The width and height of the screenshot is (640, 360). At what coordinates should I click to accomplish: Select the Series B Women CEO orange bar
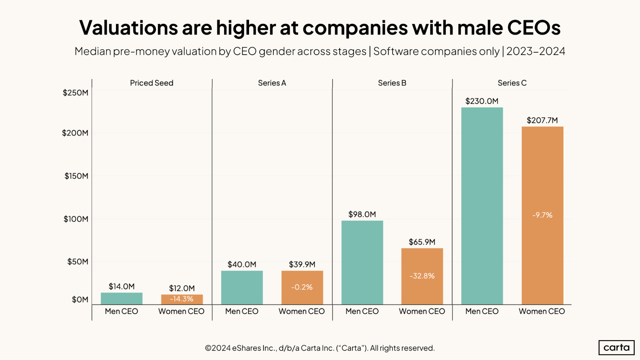click(x=422, y=262)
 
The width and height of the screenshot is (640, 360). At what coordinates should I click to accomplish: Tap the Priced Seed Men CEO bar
click(x=121, y=298)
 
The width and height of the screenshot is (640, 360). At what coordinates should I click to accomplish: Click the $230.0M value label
click(x=482, y=101)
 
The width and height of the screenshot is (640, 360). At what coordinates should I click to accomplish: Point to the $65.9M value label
click(x=422, y=242)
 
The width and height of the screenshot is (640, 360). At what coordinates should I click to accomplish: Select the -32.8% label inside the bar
click(x=422, y=276)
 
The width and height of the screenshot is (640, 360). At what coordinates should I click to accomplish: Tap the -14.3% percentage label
click(x=182, y=299)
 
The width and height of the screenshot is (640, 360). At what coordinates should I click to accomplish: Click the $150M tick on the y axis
click(x=76, y=176)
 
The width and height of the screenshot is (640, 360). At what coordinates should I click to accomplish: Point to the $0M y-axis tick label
click(x=80, y=300)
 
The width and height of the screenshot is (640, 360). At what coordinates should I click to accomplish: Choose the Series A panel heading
click(x=272, y=83)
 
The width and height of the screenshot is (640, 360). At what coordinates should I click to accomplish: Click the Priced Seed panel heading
click(x=151, y=83)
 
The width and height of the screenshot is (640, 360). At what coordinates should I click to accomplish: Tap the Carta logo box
click(x=616, y=348)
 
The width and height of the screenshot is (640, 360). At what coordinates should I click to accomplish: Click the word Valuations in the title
click(x=128, y=28)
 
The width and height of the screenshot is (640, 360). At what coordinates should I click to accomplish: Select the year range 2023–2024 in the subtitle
click(x=536, y=51)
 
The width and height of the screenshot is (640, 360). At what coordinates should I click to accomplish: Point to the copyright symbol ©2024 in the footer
click(x=217, y=348)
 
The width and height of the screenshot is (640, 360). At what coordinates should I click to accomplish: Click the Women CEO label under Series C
click(x=542, y=311)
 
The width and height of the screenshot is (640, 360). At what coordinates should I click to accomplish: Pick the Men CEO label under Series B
click(x=362, y=311)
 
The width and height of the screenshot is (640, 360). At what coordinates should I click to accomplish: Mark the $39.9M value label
click(x=302, y=264)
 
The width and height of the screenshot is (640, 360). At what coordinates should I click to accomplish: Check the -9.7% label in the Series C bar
click(x=542, y=215)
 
